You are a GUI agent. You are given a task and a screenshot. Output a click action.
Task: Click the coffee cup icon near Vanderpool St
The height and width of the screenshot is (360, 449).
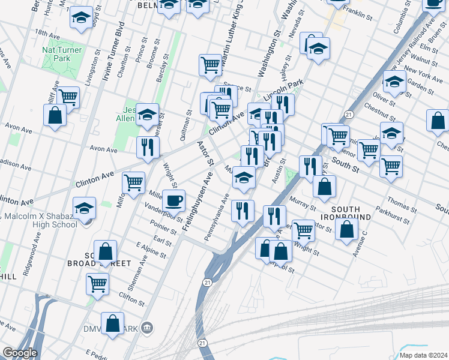[x=174, y=200]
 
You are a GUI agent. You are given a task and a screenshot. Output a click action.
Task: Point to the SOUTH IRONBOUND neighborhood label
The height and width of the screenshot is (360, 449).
[x=340, y=211]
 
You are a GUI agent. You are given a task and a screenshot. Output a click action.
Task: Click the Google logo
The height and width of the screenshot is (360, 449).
[x=20, y=353]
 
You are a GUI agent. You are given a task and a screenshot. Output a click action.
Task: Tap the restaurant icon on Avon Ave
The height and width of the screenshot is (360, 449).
[x=147, y=147]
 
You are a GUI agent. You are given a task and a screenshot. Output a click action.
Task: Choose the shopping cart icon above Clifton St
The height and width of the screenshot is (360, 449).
[x=97, y=283]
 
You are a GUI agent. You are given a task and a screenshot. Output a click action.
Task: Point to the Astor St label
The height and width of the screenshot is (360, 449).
[x=206, y=154]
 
